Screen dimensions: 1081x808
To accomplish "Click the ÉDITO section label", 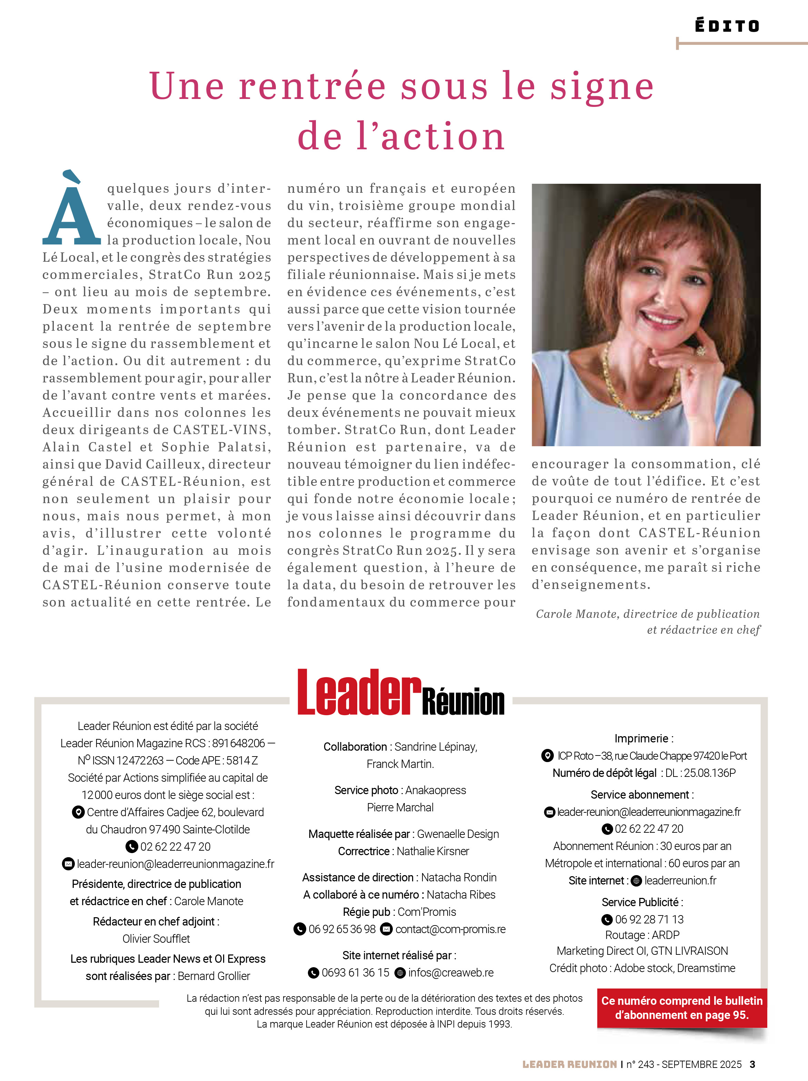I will click(727, 26).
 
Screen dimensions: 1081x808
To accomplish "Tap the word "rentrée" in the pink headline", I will click(312, 87).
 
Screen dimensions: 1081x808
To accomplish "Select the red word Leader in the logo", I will click(359, 692).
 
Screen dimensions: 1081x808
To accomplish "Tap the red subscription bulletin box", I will click(682, 1008).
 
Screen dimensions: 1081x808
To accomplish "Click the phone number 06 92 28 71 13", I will click(649, 919).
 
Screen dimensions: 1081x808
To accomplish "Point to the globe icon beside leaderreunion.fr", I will click(636, 881).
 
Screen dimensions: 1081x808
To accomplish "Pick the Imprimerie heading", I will click(644, 738).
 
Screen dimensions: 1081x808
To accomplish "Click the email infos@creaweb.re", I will click(451, 972).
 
